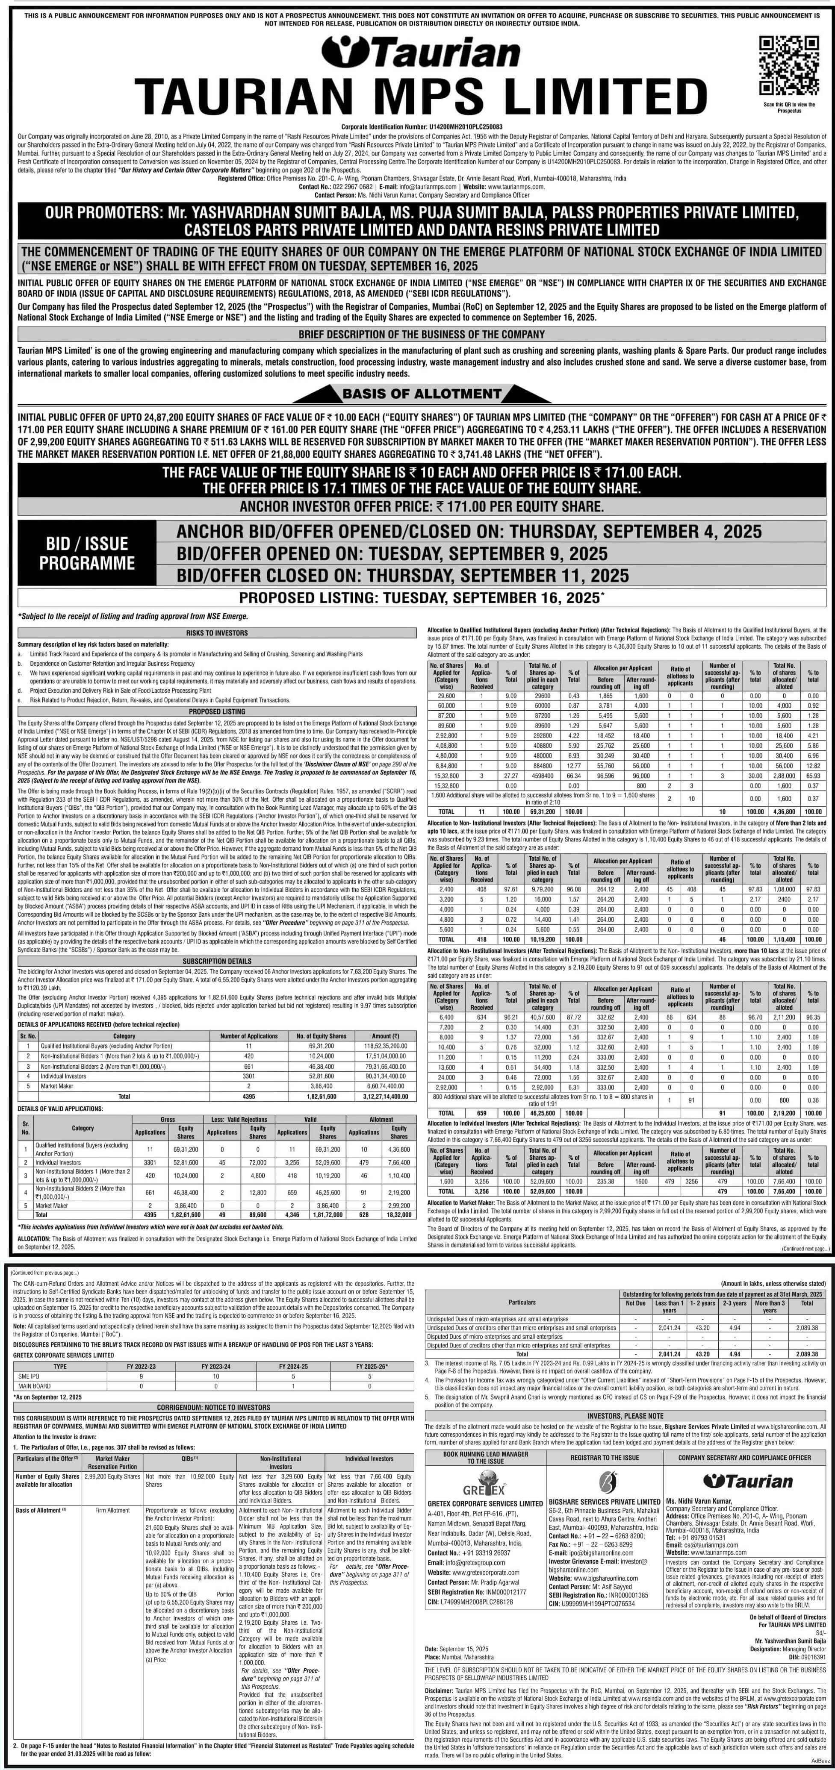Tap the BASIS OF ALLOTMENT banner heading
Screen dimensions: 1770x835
tap(421, 394)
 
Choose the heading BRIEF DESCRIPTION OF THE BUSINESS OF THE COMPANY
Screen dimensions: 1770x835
tap(421, 334)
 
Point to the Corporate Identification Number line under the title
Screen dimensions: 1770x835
tap(421, 127)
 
